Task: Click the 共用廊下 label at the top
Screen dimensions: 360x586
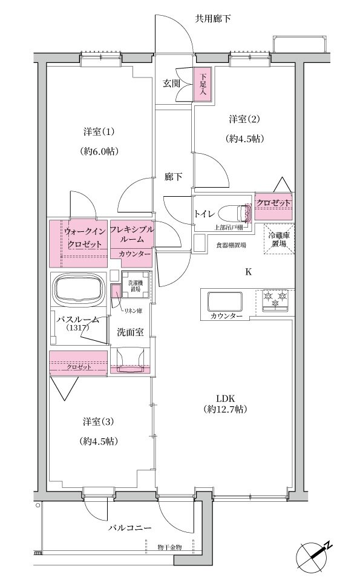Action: [x=212, y=18]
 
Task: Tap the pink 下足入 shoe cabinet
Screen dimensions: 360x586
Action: [x=203, y=84]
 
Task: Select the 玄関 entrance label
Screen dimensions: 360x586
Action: [x=171, y=83]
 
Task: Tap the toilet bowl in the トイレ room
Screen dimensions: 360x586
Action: [x=234, y=213]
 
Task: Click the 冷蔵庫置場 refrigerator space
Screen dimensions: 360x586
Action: [x=279, y=239]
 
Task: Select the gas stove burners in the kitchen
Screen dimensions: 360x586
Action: [x=276, y=299]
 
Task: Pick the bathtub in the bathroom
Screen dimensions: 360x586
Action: [x=79, y=289]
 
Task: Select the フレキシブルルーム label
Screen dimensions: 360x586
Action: [x=132, y=234]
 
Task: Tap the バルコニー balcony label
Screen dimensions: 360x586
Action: [x=130, y=528]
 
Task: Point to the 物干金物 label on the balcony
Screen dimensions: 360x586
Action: [x=169, y=547]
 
